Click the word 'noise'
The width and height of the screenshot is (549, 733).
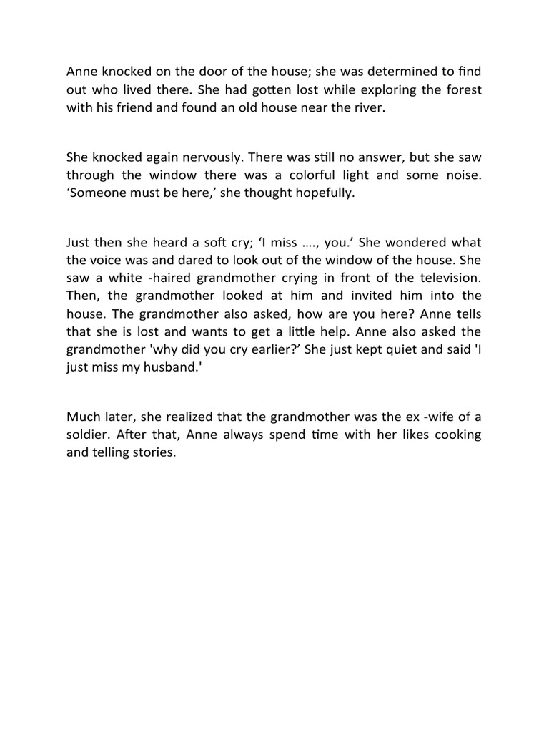(x=463, y=175)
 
